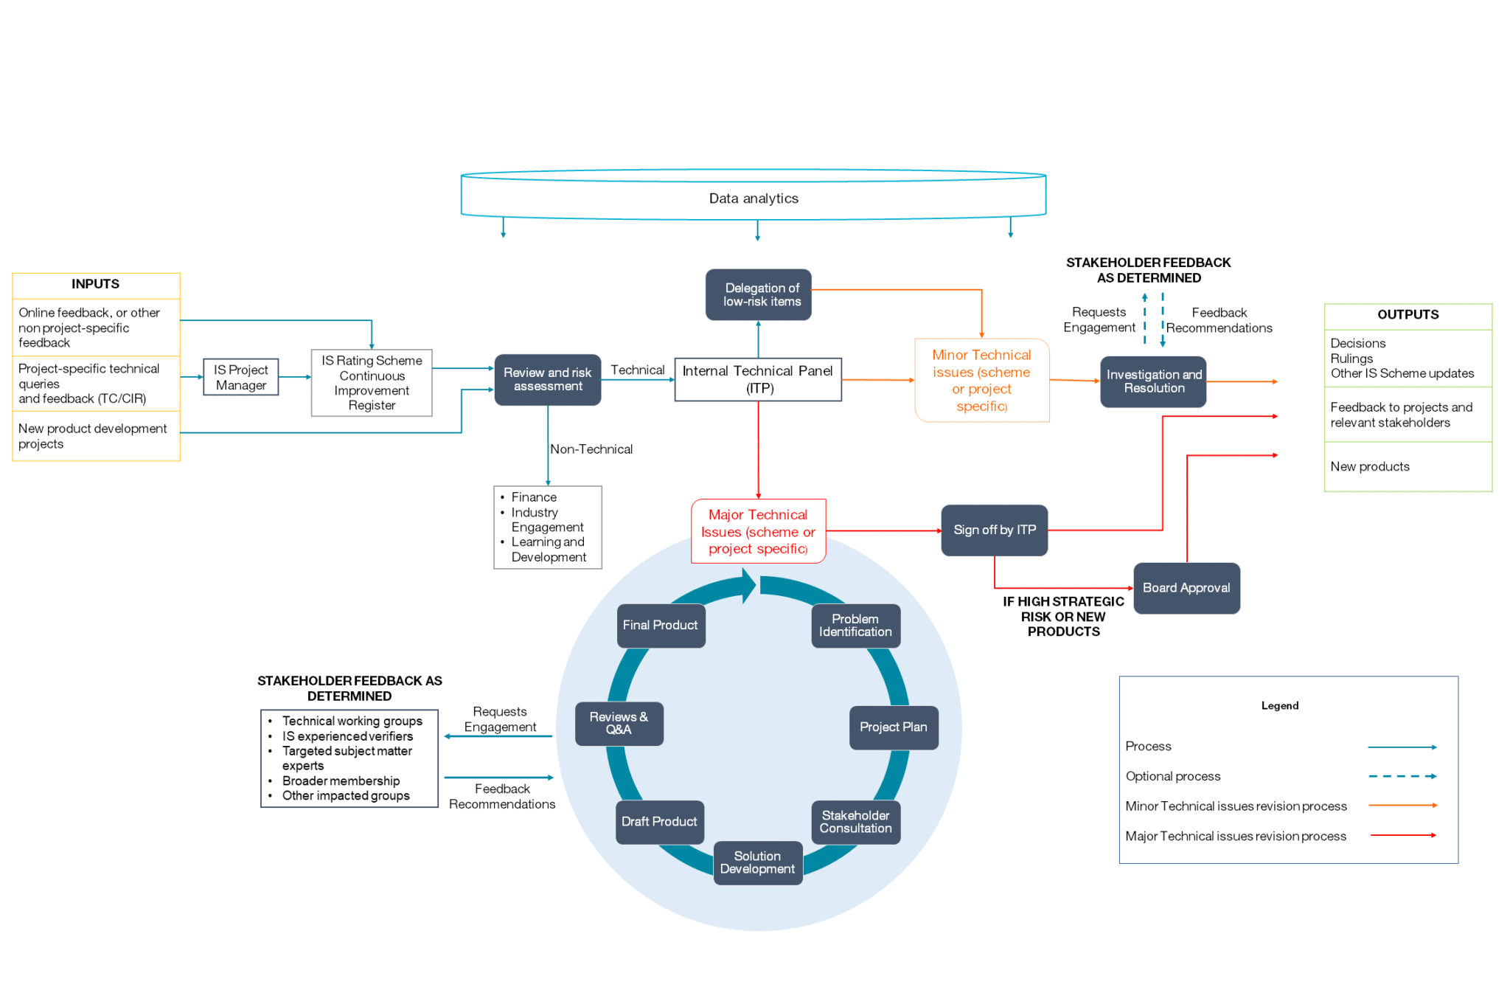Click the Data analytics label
[753, 198]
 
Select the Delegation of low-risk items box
[758, 294]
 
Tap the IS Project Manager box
[240, 377]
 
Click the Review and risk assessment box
[547, 379]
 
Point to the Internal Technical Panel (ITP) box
[757, 379]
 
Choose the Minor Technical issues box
[981, 380]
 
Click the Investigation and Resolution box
[1152, 381]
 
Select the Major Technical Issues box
[757, 531]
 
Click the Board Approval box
[1186, 588]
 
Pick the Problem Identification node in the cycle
[855, 626]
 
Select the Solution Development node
[756, 862]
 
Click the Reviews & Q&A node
[618, 723]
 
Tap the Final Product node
[660, 626]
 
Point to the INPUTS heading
[95, 284]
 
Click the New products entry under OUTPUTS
[1369, 466]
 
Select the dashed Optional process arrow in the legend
[1402, 776]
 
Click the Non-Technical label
[591, 449]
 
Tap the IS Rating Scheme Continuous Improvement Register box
[372, 382]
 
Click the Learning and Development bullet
[548, 550]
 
